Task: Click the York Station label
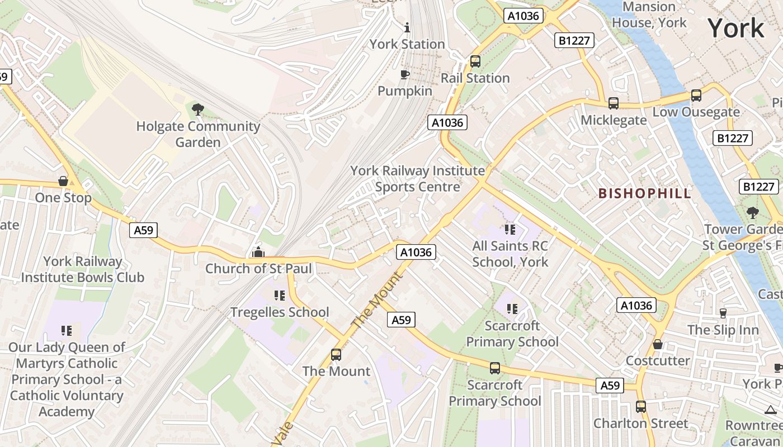[x=407, y=44]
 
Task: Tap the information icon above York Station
[x=407, y=27]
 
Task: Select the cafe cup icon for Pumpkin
[x=405, y=74]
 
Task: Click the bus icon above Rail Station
[x=475, y=61]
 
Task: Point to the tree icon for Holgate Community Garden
[x=197, y=110]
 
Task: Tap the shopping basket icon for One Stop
[x=63, y=182]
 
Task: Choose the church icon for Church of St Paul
[x=258, y=252]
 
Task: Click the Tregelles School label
[x=280, y=312]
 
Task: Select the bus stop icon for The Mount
[x=336, y=355]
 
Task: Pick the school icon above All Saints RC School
[x=510, y=229]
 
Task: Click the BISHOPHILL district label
[x=645, y=193]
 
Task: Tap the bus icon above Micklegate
[x=614, y=103]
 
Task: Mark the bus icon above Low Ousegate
[x=696, y=96]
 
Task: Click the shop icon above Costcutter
[x=658, y=344]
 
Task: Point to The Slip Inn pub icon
[x=723, y=313]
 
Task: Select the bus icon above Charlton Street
[x=640, y=407]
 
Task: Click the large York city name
[x=735, y=28]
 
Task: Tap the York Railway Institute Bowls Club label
[x=83, y=269]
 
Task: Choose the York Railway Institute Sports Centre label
[x=418, y=178]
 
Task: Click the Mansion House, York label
[x=649, y=15]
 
